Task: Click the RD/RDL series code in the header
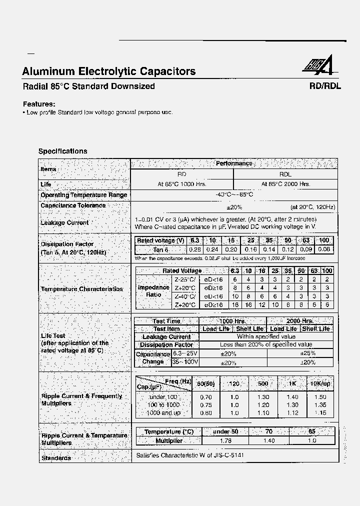pos(325,86)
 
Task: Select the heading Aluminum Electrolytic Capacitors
pos(109,71)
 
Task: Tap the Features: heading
pos(39,104)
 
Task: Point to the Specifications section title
pos(63,151)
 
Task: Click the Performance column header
pos(233,163)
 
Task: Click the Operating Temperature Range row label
pos(83,195)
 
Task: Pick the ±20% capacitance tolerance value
pos(234,207)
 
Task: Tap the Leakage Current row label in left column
pos(64,222)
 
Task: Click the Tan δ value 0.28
pos(194,249)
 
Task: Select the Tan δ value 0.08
pos(324,249)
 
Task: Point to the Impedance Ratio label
pos(153,291)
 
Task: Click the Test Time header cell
pos(166,321)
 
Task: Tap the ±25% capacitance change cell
pos(307,353)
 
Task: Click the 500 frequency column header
pos(263,383)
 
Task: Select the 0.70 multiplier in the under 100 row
pos(205,396)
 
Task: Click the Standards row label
pos(56,457)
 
